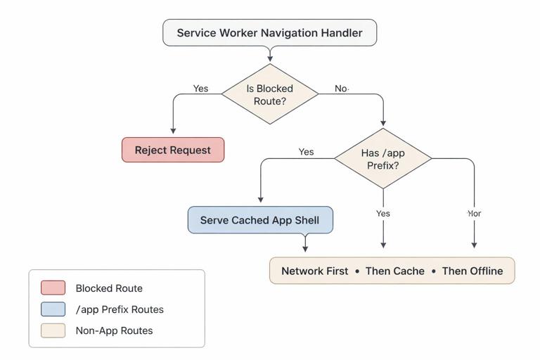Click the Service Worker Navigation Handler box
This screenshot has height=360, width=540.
tap(269, 33)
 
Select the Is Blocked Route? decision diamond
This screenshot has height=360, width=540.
tap(269, 94)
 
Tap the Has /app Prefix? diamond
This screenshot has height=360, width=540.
tap(382, 159)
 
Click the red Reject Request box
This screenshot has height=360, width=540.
tap(173, 150)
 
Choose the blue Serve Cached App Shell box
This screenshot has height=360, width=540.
tap(259, 220)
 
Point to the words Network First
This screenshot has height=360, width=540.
tap(314, 271)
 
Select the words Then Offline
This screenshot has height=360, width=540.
tap(472, 271)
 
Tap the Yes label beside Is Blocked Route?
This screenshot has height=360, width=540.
tap(200, 89)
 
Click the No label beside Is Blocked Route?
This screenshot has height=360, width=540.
tap(341, 89)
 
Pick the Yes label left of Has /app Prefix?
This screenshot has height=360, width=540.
tap(306, 152)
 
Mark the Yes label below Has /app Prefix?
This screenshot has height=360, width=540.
tap(382, 213)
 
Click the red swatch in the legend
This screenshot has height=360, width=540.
tap(53, 288)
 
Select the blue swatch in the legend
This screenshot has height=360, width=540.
tap(53, 309)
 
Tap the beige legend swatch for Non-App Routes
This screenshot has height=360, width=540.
tap(53, 330)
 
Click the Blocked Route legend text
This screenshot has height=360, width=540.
tap(109, 288)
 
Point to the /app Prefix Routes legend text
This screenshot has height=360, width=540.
tap(120, 309)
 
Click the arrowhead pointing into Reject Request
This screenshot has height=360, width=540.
tap(173, 130)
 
